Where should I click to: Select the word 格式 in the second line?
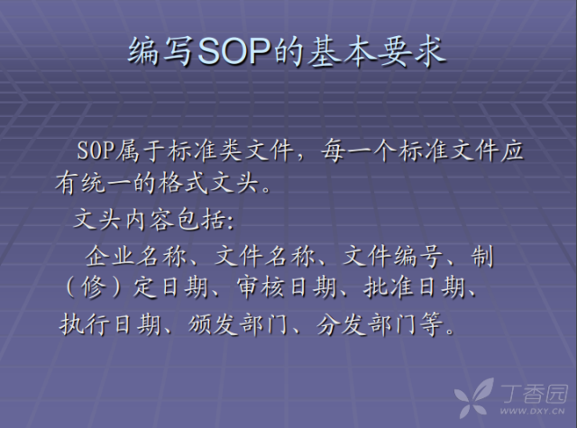tap(181, 185)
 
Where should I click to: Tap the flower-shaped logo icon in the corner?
tap(474, 396)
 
